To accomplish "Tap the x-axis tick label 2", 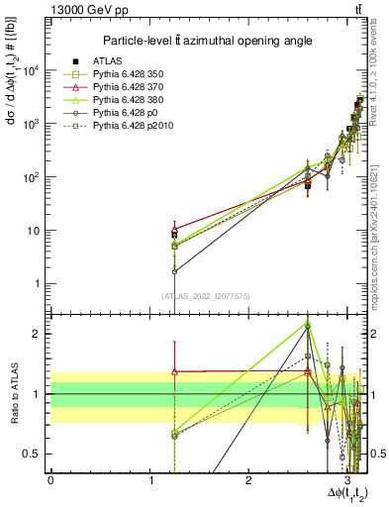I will (248, 480).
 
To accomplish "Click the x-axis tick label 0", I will (50, 480).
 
